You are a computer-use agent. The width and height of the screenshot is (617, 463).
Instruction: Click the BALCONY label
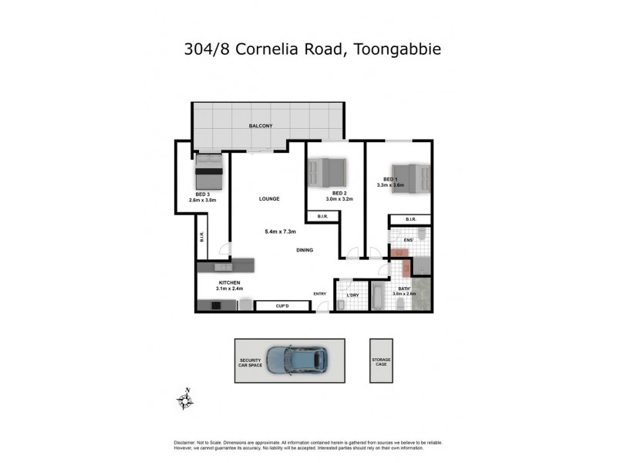260,126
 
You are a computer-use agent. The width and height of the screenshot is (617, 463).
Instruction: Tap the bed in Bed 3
208,171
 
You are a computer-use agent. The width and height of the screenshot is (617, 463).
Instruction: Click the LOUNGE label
268,199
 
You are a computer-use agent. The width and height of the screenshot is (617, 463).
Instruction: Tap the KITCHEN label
231,283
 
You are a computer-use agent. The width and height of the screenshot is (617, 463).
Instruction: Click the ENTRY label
320,293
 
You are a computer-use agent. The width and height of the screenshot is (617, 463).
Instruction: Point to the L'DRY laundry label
352,295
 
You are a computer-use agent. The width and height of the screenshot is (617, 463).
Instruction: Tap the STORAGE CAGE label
381,362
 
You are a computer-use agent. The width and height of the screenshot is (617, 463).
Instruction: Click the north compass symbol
184,399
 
